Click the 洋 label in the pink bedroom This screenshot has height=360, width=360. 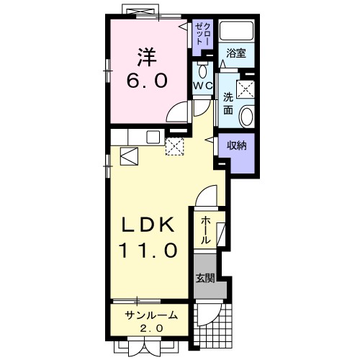(147, 57)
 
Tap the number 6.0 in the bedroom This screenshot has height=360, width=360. (147, 81)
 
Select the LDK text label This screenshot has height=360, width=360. (148, 225)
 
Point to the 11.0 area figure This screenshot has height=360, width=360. (148, 250)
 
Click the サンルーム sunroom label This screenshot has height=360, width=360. (151, 315)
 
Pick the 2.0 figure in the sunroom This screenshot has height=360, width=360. (151, 328)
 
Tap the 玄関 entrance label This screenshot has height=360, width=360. (205, 278)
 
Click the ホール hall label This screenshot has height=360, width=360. (205, 230)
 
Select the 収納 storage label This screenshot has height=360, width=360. (237, 145)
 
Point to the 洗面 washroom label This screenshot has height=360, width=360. (228, 104)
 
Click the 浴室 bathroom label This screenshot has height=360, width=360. (236, 53)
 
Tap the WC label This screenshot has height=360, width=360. (203, 86)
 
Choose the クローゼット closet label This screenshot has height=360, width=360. (203, 34)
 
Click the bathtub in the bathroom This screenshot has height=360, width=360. (237, 31)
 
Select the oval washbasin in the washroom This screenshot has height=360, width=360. (247, 117)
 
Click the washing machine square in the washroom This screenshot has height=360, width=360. (246, 89)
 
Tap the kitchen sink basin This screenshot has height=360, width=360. (153, 137)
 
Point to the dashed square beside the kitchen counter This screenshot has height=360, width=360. (174, 146)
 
